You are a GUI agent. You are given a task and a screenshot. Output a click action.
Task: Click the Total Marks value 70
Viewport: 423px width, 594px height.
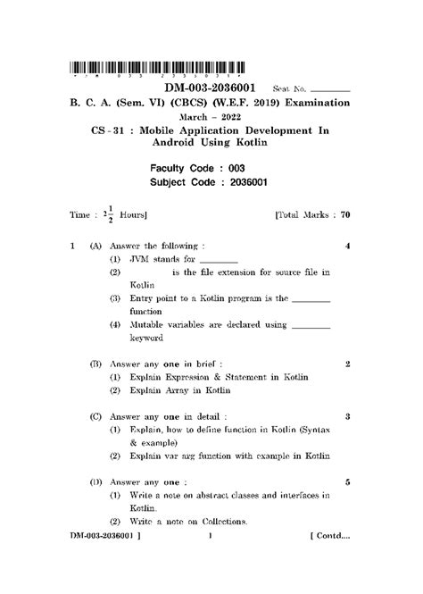click(344, 215)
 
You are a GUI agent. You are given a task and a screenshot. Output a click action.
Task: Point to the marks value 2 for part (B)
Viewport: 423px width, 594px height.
click(346, 364)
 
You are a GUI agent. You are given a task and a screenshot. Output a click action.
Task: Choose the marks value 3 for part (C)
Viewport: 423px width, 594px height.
click(346, 416)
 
